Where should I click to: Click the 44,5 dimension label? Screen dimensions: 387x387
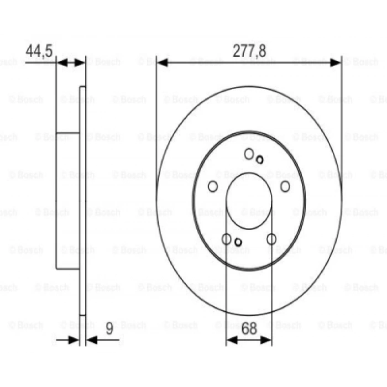pyautogui.click(x=39, y=51)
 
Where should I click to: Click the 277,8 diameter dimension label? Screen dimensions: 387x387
pyautogui.click(x=249, y=51)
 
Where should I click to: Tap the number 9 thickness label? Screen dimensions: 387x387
pyautogui.click(x=109, y=328)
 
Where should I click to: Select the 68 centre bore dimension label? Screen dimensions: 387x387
pyautogui.click(x=249, y=328)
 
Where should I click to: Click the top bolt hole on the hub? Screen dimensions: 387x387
pyautogui.click(x=249, y=154)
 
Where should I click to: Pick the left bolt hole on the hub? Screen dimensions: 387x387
pyautogui.click(x=213, y=186)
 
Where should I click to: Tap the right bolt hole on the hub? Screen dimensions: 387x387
pyautogui.click(x=285, y=186)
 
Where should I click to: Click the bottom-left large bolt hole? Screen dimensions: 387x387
pyautogui.click(x=227, y=239)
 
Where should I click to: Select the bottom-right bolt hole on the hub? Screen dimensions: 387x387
pyautogui.click(x=271, y=239)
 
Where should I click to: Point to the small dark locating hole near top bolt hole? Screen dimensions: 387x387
pyautogui.click(x=260, y=160)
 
